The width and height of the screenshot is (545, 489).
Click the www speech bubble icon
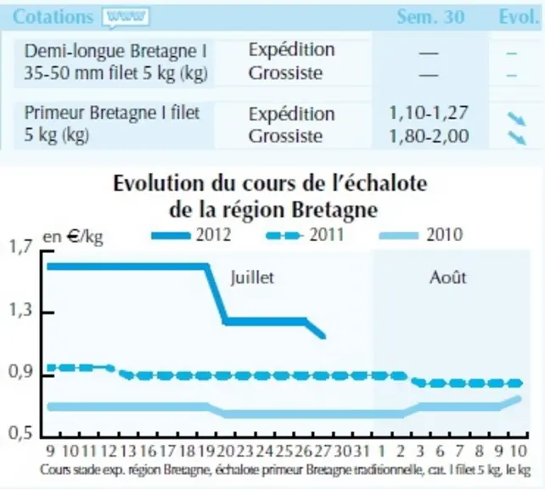point(126,17)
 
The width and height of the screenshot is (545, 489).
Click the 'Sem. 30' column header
point(430,17)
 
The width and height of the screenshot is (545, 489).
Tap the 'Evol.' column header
point(519,17)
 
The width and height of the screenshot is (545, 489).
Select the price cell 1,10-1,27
point(429,113)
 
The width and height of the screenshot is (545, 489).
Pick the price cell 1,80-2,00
point(429,136)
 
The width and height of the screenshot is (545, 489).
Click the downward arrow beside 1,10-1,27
point(517,119)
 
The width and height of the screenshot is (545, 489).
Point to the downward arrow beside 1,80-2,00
point(517,138)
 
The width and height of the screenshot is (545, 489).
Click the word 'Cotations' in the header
point(53,17)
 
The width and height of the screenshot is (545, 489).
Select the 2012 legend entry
point(191,235)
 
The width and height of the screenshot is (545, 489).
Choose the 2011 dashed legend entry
point(305,235)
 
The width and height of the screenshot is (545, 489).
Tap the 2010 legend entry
point(421,235)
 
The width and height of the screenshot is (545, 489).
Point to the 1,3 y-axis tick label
point(20,309)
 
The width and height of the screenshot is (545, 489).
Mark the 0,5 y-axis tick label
point(20,433)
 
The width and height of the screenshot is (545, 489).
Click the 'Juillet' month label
point(252,278)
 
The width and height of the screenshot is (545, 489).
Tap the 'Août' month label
point(447,278)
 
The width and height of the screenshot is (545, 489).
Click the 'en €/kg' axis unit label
point(73,237)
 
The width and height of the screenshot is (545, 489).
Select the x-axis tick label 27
point(323,451)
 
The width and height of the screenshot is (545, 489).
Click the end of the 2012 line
point(324,337)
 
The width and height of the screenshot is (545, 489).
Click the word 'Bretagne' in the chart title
point(334,211)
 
